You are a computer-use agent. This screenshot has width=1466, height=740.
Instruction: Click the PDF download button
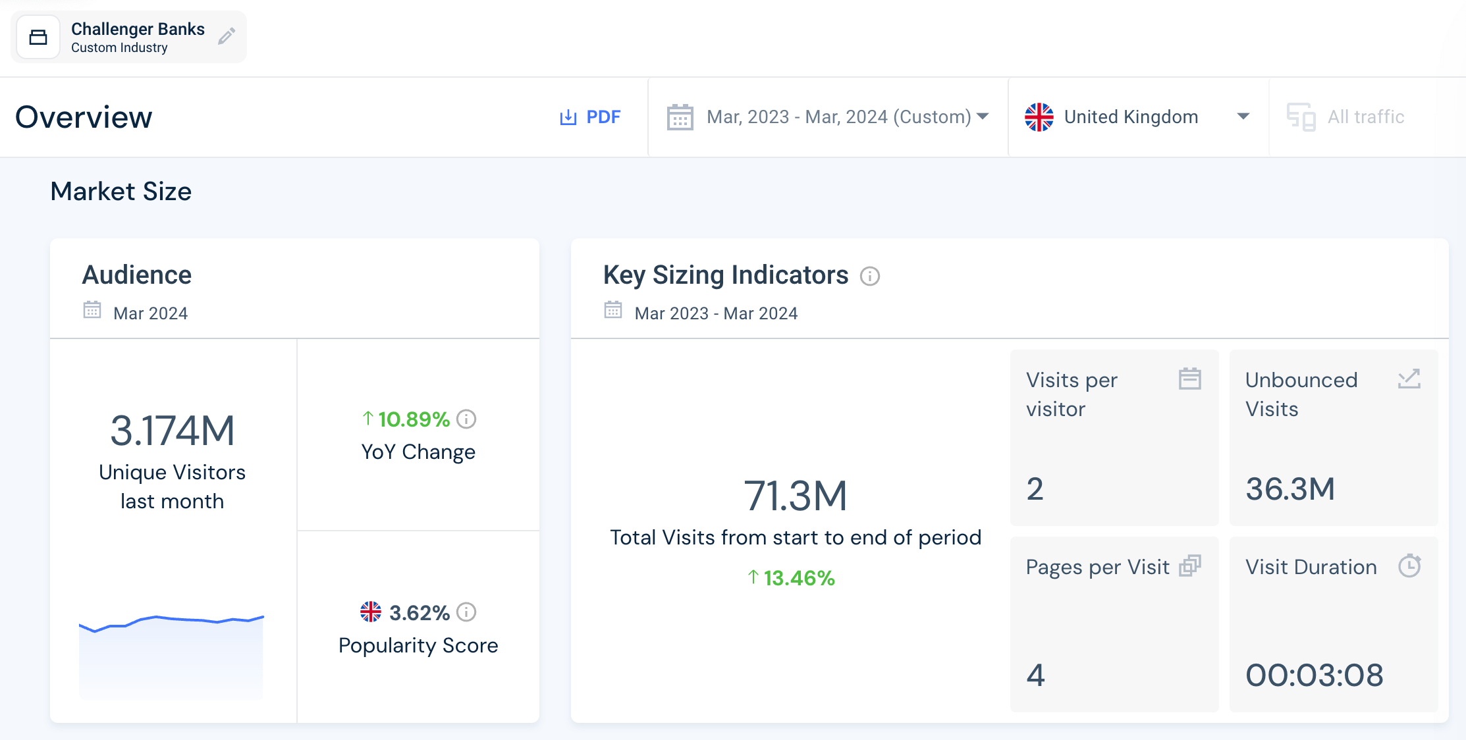click(x=590, y=117)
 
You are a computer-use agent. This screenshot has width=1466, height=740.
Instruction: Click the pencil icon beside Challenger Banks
click(x=227, y=36)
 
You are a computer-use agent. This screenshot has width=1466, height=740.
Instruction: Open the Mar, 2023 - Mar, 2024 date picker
click(x=828, y=117)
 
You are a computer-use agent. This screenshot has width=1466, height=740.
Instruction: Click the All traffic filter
click(x=1347, y=117)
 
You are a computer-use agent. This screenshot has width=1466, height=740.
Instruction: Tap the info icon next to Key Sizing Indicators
click(x=870, y=276)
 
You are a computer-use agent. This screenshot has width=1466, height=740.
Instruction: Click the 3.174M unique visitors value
click(x=172, y=431)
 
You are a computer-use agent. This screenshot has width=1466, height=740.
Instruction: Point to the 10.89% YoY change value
click(x=413, y=419)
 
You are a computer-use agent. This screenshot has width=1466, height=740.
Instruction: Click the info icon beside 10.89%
click(x=466, y=419)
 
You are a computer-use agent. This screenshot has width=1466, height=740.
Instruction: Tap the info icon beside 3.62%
click(x=466, y=612)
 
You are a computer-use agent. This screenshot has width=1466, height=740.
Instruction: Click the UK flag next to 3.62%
click(x=371, y=612)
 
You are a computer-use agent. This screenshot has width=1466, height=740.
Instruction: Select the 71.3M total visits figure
click(x=795, y=496)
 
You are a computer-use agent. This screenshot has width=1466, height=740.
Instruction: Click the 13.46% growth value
click(x=798, y=578)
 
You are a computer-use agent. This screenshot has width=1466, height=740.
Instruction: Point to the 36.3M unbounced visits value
click(x=1290, y=489)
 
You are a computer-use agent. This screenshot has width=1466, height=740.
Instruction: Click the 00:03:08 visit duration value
click(x=1314, y=675)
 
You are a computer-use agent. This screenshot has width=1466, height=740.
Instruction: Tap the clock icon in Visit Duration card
click(x=1409, y=566)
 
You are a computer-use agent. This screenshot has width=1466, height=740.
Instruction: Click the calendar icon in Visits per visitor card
click(x=1189, y=379)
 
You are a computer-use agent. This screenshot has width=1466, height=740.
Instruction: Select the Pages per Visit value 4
click(x=1035, y=675)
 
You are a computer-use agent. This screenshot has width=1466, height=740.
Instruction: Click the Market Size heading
click(x=121, y=192)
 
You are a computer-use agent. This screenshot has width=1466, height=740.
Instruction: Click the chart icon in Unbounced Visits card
click(x=1409, y=379)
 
